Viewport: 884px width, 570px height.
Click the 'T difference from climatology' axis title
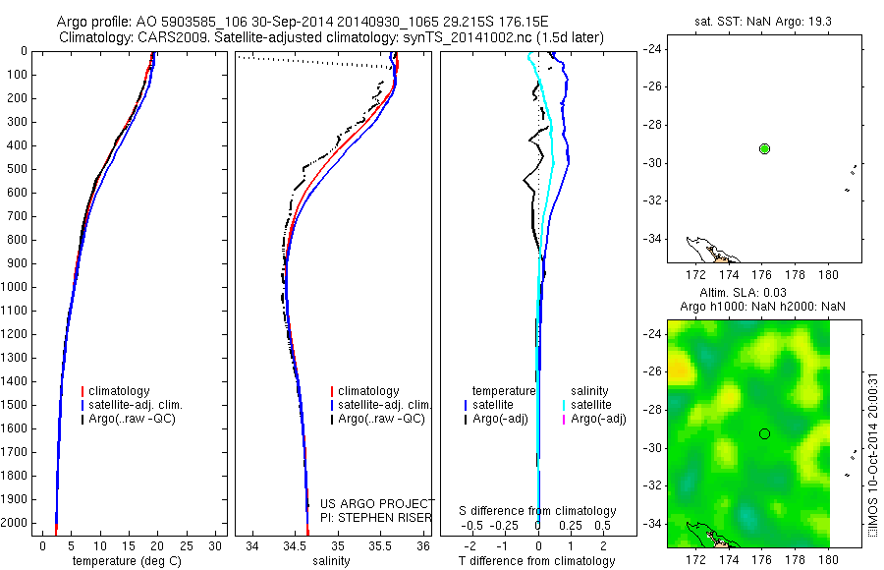537,561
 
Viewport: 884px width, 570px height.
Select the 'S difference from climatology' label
537,511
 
